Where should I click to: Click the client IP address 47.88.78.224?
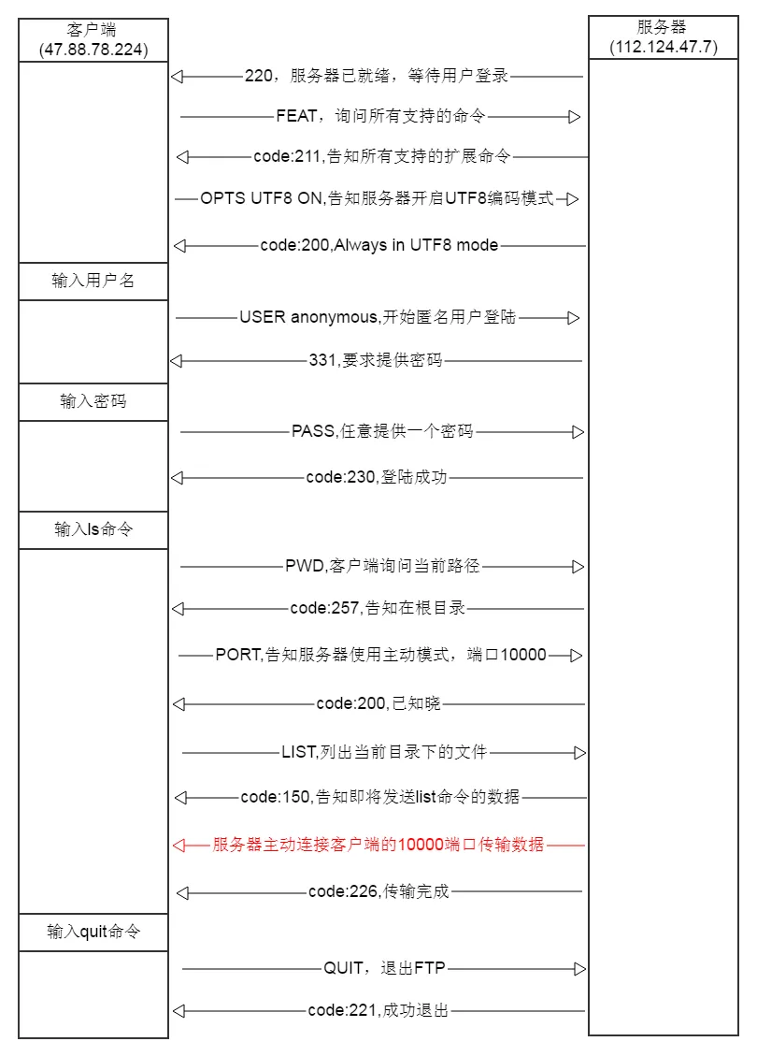pyautogui.click(x=93, y=49)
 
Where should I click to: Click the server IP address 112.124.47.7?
pyautogui.click(x=664, y=46)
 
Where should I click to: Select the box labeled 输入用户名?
pyautogui.click(x=93, y=281)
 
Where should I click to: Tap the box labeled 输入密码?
pyautogui.click(x=93, y=402)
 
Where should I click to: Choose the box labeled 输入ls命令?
pyautogui.click(x=93, y=530)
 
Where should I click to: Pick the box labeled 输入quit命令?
pyautogui.click(x=93, y=933)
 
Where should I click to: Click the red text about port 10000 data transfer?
pyautogui.click(x=378, y=845)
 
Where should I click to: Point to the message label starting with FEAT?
pyautogui.click(x=380, y=117)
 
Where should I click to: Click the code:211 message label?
pyautogui.click(x=382, y=156)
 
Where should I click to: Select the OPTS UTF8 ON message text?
pyautogui.click(x=377, y=198)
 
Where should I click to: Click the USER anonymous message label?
pyautogui.click(x=378, y=317)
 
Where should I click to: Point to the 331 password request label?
pyautogui.click(x=376, y=360)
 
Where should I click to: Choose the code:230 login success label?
pyautogui.click(x=377, y=477)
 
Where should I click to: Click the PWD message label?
pyautogui.click(x=382, y=566)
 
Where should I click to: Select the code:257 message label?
pyautogui.click(x=378, y=608)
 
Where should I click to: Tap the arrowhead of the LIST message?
pyautogui.click(x=579, y=752)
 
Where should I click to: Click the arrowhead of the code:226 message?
pyautogui.click(x=182, y=892)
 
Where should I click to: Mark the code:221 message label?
pyautogui.click(x=378, y=1010)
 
